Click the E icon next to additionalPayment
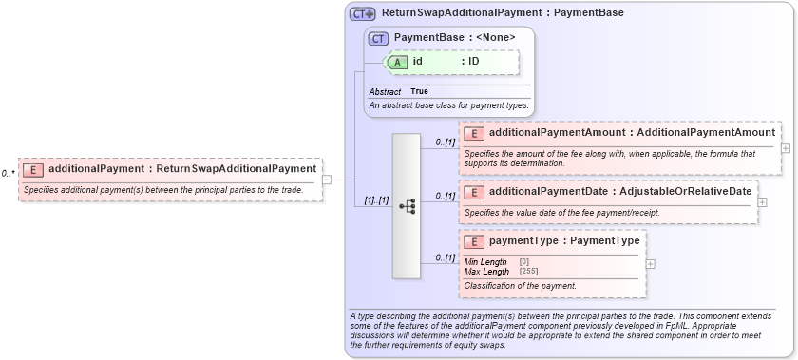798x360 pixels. pos(33,170)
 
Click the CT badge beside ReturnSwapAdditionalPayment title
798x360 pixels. pos(363,14)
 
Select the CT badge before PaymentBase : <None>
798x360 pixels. pos(379,38)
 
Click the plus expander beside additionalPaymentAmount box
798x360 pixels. pos(786,148)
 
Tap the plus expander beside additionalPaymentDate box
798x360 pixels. pos(763,201)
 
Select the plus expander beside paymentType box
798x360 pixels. pos(650,264)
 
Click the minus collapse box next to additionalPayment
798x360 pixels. pos(327,178)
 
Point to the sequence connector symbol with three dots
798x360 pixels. pos(407,205)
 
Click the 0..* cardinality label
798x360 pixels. pos(8,174)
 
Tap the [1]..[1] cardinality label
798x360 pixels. pos(376,200)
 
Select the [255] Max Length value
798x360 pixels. pos(529,272)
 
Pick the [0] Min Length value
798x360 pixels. pos(524,261)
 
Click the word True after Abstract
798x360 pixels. pos(419,91)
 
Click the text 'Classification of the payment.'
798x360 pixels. pos(521,286)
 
